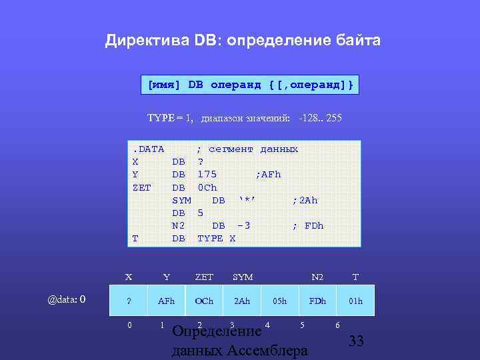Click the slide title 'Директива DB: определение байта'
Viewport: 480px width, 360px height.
tap(243, 41)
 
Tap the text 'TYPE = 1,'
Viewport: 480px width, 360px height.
tap(170, 118)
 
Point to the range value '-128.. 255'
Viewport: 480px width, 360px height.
tap(321, 118)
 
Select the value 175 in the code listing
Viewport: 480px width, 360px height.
tap(207, 174)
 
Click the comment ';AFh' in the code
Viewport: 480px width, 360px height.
tap(268, 174)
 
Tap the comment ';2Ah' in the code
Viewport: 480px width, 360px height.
tap(305, 200)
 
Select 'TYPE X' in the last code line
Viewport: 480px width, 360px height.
tap(216, 238)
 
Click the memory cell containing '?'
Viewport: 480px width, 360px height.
tap(129, 301)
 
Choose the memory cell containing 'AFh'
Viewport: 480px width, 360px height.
tap(166, 301)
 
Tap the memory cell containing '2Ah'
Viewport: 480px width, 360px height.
tap(241, 301)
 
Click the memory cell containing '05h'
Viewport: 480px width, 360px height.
tap(279, 301)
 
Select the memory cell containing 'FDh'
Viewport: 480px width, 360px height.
tap(317, 301)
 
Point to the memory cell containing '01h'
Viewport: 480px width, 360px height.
tap(355, 301)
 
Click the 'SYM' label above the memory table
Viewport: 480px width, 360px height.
tap(242, 277)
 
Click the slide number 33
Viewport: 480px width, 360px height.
tap(356, 341)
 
